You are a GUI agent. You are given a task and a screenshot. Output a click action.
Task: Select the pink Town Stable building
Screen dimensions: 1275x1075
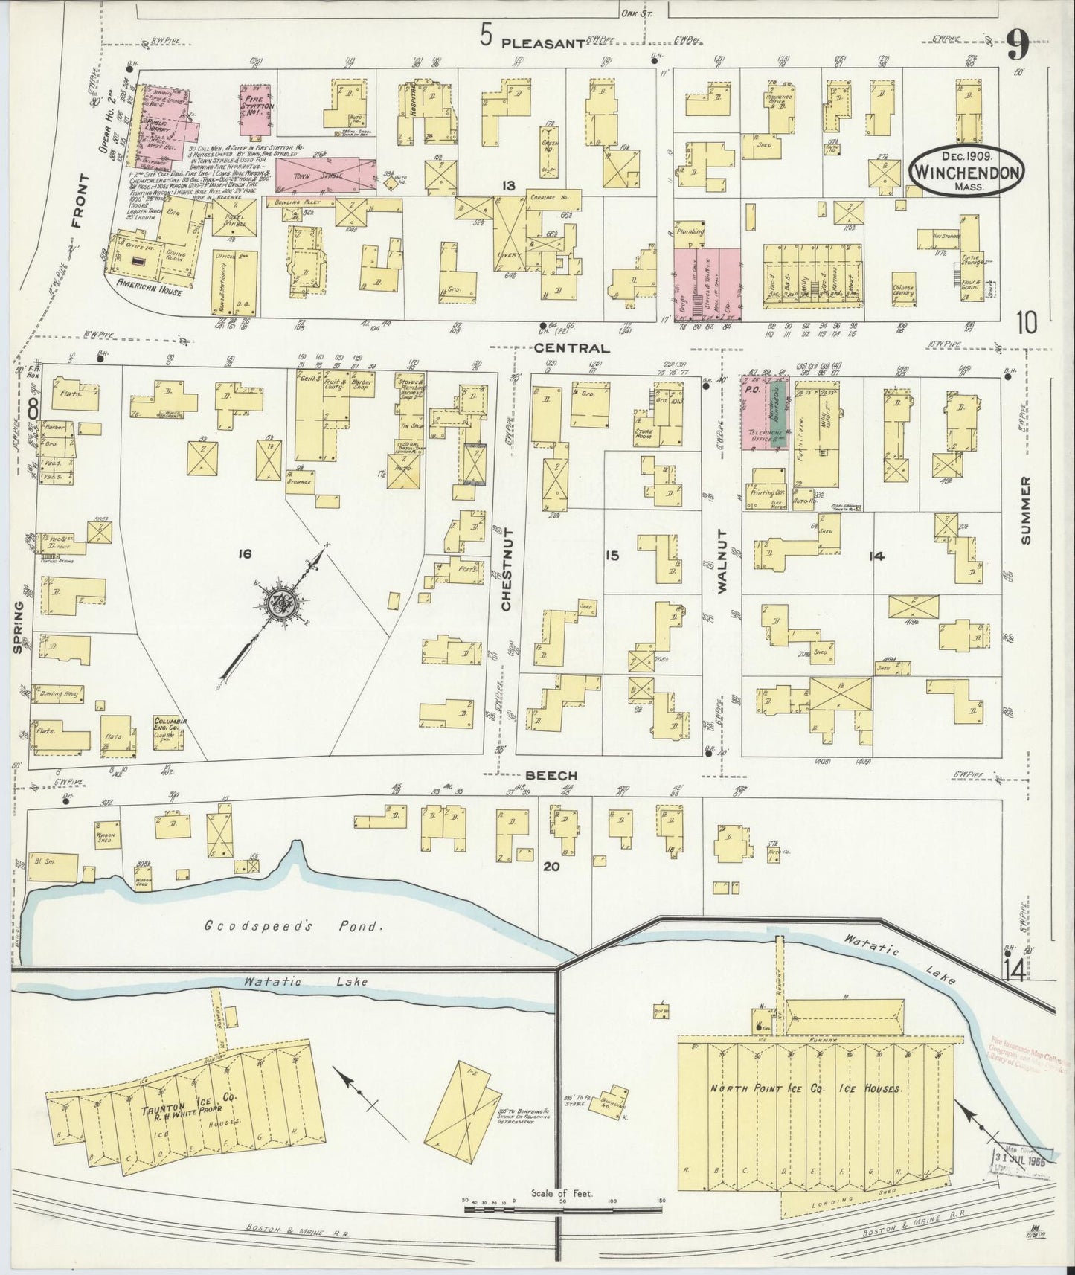[x=326, y=172]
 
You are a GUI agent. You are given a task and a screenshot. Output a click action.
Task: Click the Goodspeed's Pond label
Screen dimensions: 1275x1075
[x=295, y=927]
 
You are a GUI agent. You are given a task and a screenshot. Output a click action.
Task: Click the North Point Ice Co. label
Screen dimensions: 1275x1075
[x=805, y=1088]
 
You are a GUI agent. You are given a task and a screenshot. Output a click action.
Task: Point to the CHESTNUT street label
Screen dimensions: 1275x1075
[x=507, y=569]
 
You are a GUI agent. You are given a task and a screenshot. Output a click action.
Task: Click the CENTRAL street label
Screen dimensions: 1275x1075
[x=571, y=347]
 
